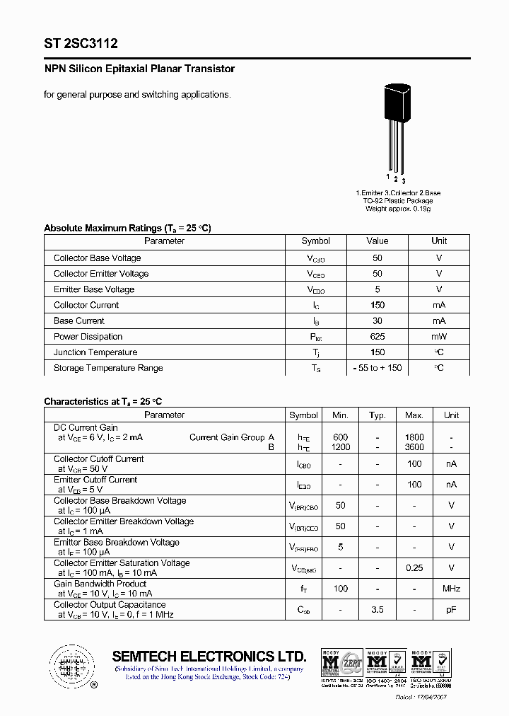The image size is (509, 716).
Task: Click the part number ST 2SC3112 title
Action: pyautogui.click(x=81, y=43)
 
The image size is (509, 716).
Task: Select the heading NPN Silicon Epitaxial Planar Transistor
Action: pyautogui.click(x=139, y=69)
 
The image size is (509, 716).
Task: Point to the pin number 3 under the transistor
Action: pyautogui.click(x=403, y=181)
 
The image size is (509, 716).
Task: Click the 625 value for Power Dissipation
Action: pyautogui.click(x=377, y=337)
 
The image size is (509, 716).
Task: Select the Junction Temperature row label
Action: pyautogui.click(x=95, y=352)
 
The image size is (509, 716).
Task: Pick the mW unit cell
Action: pyautogui.click(x=439, y=337)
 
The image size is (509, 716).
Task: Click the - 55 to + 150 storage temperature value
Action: pyautogui.click(x=377, y=368)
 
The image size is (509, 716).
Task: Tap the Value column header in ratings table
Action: pyautogui.click(x=377, y=241)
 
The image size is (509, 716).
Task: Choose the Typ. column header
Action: pyautogui.click(x=377, y=415)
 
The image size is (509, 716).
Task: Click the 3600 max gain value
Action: pyautogui.click(x=414, y=447)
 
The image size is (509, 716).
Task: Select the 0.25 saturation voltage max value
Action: pyautogui.click(x=414, y=568)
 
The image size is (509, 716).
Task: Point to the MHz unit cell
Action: pyautogui.click(x=451, y=589)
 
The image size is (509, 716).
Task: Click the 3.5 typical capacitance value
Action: pyautogui.click(x=377, y=609)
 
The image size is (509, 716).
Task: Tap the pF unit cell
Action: pyautogui.click(x=451, y=609)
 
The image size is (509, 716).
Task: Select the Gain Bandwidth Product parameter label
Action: pyautogui.click(x=100, y=584)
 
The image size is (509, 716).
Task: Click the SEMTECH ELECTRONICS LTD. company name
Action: pyautogui.click(x=209, y=656)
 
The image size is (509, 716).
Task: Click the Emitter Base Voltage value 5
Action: pyautogui.click(x=377, y=289)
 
